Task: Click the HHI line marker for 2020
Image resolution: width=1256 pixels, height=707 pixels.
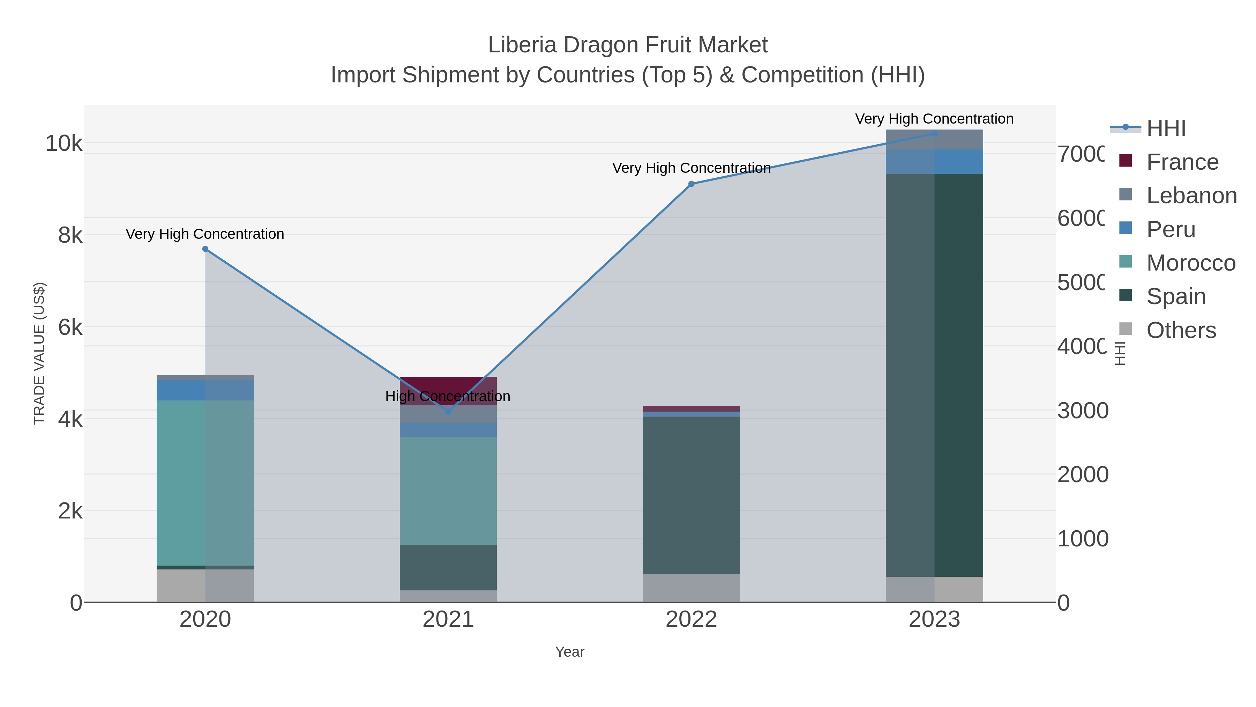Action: click(205, 249)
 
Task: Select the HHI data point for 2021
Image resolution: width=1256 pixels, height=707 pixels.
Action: click(448, 411)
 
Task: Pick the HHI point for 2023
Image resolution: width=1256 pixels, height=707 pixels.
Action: click(934, 133)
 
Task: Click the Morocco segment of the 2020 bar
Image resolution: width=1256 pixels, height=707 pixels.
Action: click(205, 483)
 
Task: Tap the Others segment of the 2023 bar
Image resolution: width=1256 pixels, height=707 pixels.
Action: click(934, 589)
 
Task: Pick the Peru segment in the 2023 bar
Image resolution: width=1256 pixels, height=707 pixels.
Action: click(934, 162)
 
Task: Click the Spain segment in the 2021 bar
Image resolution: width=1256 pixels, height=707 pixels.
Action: click(448, 567)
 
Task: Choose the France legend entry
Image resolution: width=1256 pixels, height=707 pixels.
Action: click(1182, 162)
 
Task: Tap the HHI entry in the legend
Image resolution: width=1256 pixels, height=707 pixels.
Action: click(1165, 128)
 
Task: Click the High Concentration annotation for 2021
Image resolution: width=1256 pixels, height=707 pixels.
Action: click(448, 396)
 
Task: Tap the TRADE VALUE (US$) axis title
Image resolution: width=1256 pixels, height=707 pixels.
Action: click(39, 353)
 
